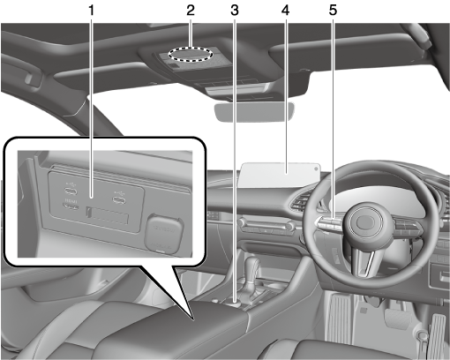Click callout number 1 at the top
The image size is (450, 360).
(92, 11)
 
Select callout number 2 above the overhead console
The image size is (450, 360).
(191, 11)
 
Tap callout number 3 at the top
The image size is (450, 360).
(235, 11)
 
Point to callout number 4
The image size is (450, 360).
(285, 11)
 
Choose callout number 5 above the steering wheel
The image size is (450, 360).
(333, 11)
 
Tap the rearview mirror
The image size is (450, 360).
(255, 111)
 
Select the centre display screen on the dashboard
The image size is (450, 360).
(280, 175)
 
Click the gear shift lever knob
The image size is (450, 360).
(252, 268)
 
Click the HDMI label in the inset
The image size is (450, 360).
(71, 201)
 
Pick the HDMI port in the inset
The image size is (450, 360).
(71, 207)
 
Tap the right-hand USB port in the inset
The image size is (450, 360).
(121, 199)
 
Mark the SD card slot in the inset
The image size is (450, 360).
(108, 214)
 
